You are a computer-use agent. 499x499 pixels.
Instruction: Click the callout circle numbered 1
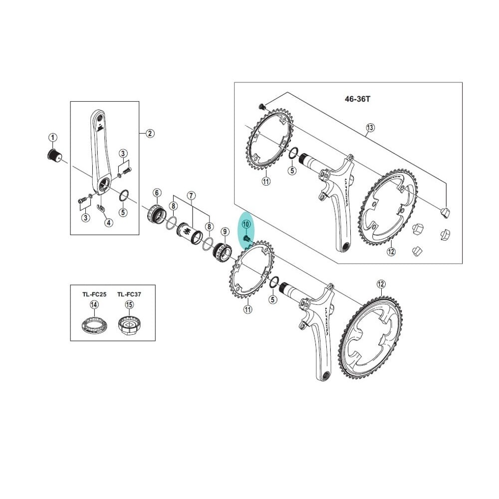coord(52,137)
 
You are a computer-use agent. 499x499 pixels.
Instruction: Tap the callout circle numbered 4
coord(109,223)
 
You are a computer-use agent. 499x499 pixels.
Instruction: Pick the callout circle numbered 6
coord(157,193)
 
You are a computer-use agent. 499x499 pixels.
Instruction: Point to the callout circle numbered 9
coord(225,232)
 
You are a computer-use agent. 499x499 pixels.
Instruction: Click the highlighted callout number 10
coord(246,225)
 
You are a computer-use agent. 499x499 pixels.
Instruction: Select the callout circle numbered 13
coord(370,128)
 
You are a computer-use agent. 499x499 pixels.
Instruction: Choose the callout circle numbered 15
coord(129,305)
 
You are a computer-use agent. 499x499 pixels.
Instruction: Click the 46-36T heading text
coord(357,99)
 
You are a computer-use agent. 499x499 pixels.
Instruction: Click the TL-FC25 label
coord(94,294)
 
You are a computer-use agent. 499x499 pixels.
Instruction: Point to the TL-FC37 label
coord(129,294)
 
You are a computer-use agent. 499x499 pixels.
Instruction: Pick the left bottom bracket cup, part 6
coord(155,215)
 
